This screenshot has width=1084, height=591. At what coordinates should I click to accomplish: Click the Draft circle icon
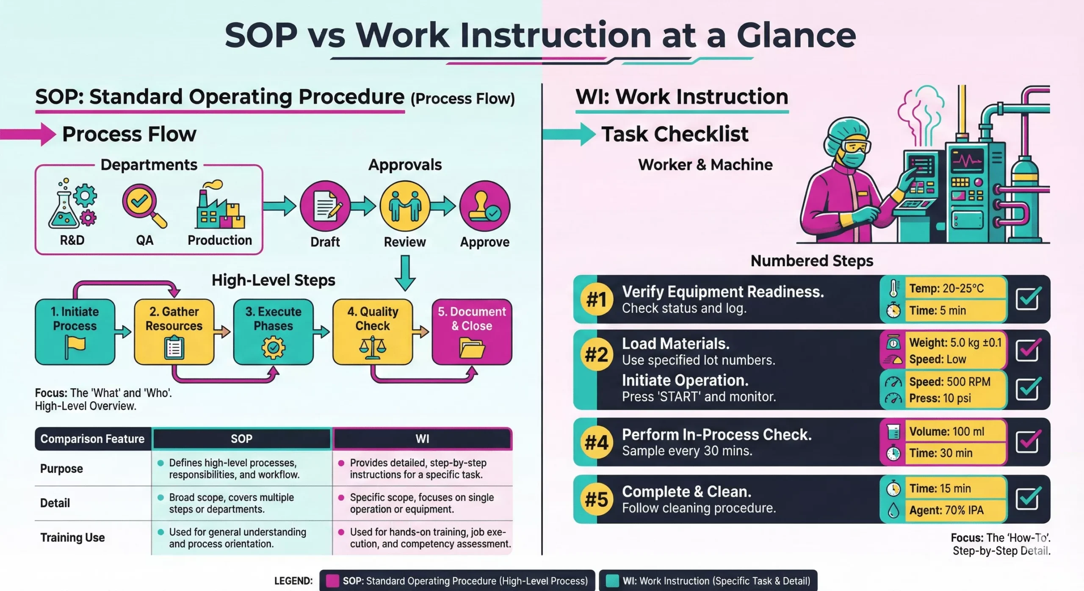[325, 206]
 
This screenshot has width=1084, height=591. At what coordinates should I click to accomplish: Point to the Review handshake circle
[405, 206]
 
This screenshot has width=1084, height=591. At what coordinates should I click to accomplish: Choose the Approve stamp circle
[485, 206]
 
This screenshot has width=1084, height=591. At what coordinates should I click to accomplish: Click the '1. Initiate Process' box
[75, 332]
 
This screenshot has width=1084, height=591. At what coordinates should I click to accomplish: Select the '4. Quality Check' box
[373, 332]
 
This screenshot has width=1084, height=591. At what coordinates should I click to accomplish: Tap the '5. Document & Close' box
[472, 332]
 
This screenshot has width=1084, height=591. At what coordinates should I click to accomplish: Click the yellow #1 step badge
[597, 299]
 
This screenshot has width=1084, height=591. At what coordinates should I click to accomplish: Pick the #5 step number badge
[597, 499]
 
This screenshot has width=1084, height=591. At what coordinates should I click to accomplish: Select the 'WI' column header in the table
[422, 439]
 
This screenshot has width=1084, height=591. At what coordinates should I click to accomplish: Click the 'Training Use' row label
[72, 537]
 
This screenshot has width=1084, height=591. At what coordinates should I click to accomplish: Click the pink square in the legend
[332, 581]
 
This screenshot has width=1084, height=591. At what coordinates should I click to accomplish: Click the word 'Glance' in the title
[796, 36]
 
